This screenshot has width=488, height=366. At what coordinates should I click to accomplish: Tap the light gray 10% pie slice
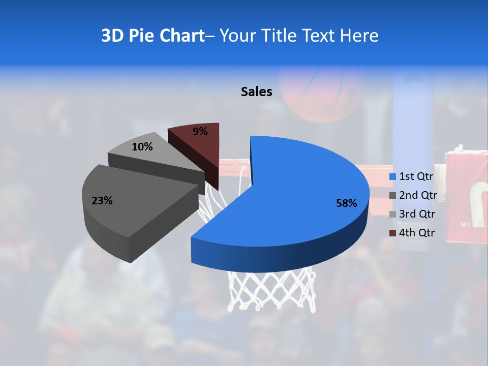[152, 152]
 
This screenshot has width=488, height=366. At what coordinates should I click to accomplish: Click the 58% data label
[347, 203]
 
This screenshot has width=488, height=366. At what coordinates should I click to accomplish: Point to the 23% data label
[102, 201]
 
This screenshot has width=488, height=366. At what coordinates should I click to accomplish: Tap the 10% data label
[142, 147]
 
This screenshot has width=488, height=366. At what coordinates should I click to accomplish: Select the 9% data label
[200, 132]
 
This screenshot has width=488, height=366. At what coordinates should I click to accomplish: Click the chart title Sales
[256, 91]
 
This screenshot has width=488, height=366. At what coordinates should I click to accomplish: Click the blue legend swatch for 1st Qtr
[392, 177]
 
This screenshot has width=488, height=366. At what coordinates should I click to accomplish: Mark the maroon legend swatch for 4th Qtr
[392, 233]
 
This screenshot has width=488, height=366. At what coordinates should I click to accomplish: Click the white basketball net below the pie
[269, 290]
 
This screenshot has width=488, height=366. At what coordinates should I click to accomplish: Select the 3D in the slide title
[112, 36]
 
